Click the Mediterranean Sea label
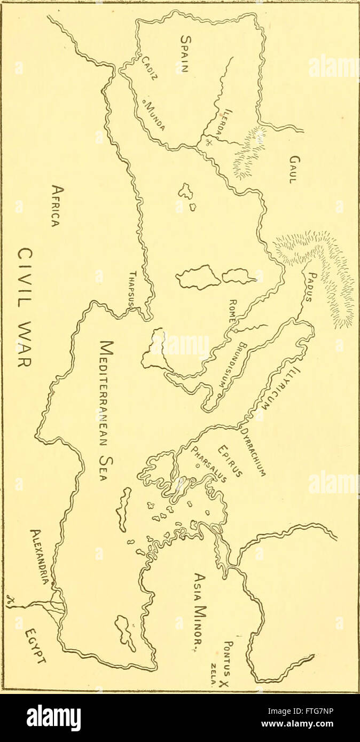[105, 411]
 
